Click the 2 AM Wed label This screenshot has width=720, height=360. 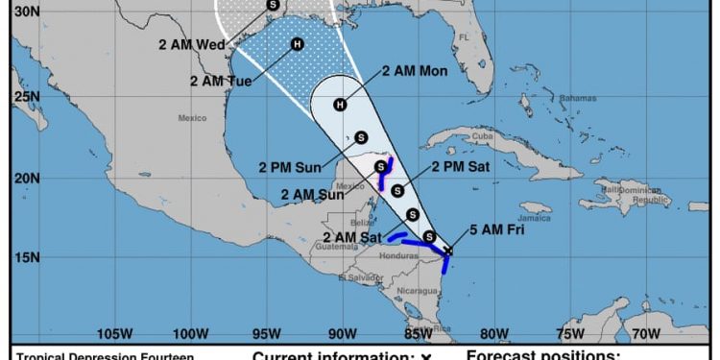[192, 43]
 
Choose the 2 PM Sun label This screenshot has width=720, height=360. [290, 167]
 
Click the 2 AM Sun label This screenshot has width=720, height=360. [313, 194]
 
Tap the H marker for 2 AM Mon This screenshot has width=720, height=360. [339, 105]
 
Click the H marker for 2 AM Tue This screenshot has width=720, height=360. [297, 43]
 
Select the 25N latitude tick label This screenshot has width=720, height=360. [27, 97]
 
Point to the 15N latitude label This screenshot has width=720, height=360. [27, 257]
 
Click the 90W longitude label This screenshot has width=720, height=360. [342, 334]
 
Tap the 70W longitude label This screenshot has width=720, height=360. [646, 334]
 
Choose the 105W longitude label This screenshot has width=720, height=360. [114, 334]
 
